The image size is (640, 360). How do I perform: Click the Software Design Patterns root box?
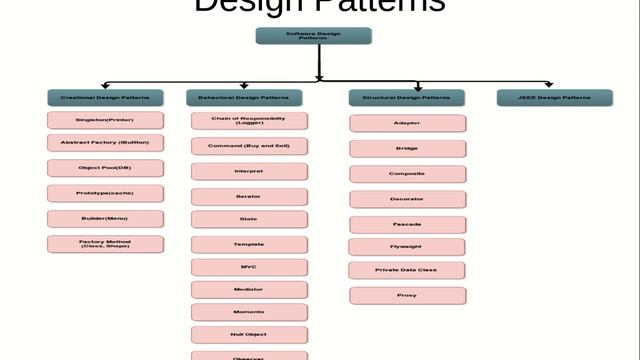point(313,36)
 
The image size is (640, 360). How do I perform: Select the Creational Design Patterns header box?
point(105,98)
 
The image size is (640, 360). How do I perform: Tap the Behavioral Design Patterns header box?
point(243,98)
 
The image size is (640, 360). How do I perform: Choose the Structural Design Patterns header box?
point(406,98)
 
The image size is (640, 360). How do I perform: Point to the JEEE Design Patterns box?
point(555,98)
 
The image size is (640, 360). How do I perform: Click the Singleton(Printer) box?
point(105,120)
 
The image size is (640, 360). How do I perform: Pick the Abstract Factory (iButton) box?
point(105,143)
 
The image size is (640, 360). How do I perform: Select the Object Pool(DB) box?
point(105,168)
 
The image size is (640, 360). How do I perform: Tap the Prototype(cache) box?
point(105,193)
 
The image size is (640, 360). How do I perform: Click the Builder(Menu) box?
point(105,218)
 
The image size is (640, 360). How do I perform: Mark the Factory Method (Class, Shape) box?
point(105,243)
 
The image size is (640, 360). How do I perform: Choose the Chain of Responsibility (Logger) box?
point(249,120)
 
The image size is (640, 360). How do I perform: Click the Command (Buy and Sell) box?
point(249,146)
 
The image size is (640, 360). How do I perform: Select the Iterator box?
point(249,196)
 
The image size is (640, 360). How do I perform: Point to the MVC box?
point(249,267)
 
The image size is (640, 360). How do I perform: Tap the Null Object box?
point(249,334)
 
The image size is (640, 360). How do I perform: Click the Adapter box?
point(407,123)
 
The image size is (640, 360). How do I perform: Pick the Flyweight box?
point(407,246)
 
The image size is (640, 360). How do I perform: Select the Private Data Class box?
point(407,270)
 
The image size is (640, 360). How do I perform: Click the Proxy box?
point(407,295)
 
